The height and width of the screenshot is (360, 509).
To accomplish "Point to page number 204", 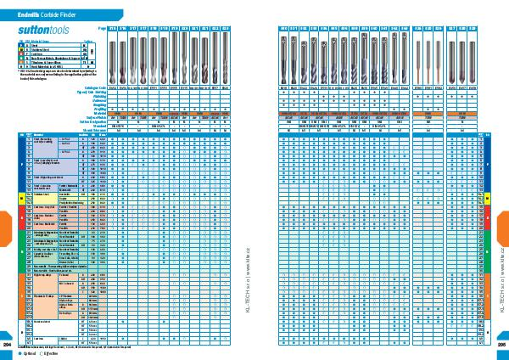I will [x=8, y=345].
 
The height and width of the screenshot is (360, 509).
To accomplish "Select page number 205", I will [x=501, y=345].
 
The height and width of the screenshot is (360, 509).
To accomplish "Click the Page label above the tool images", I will [x=103, y=28].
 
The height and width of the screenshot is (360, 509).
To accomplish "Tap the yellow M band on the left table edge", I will [x=19, y=199].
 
